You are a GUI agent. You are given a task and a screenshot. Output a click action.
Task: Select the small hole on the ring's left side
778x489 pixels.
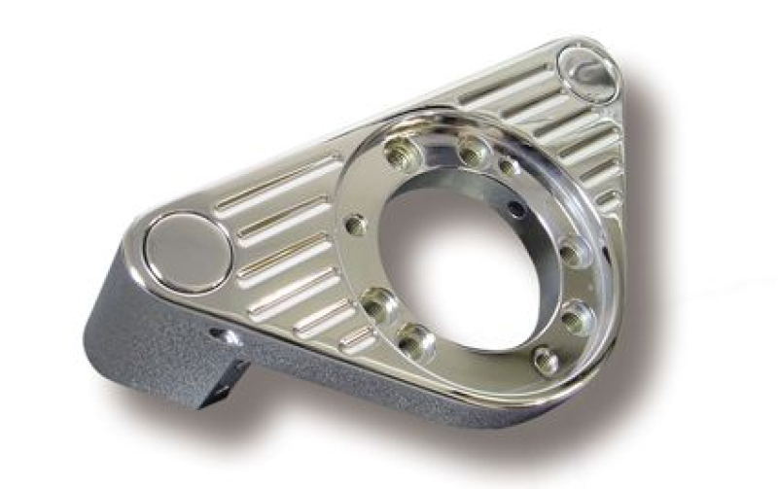point(356,226)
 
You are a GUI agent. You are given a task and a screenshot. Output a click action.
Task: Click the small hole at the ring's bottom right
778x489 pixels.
point(547,361)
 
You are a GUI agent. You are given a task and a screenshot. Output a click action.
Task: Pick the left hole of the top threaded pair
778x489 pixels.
point(400,151)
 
